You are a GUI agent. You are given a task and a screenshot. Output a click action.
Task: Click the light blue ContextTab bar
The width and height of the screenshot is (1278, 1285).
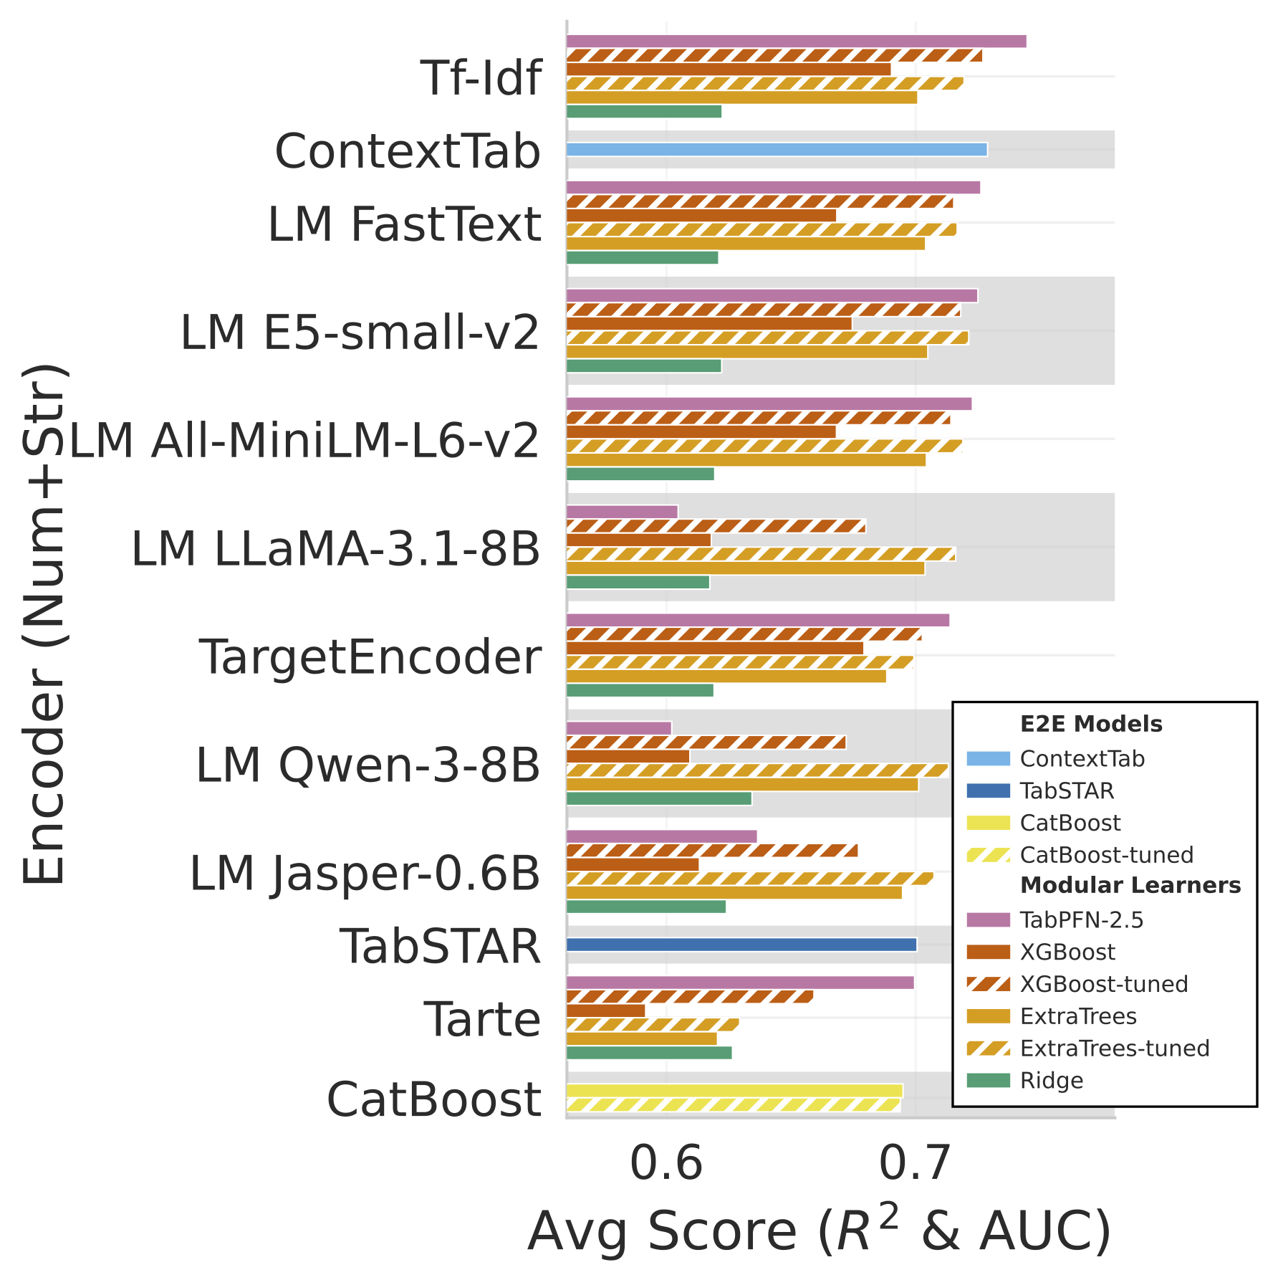[777, 149]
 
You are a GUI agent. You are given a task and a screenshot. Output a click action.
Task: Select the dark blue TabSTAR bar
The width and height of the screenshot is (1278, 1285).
[741, 945]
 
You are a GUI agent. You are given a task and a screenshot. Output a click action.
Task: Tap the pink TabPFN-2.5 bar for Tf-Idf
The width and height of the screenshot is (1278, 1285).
[796, 41]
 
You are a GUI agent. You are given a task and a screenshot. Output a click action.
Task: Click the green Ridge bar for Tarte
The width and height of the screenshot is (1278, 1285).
[649, 1052]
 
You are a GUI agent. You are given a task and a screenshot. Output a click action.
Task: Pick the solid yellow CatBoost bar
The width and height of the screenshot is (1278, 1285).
[734, 1091]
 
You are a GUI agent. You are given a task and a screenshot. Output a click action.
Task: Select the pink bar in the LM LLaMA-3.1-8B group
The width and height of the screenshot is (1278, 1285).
[622, 512]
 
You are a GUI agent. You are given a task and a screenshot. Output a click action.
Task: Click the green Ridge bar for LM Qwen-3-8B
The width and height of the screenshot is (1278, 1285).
[659, 798]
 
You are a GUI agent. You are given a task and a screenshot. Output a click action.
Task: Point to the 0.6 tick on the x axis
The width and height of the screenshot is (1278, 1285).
[666, 1164]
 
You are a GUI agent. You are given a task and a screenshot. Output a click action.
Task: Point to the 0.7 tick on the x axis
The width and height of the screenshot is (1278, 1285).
[915, 1164]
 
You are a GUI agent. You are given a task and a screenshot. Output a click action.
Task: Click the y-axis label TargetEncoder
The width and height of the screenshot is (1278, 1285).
[370, 656]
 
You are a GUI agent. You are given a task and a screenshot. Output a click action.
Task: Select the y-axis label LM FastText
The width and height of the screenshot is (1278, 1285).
[404, 224]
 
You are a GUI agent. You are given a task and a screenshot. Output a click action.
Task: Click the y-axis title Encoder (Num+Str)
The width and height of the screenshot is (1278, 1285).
[44, 624]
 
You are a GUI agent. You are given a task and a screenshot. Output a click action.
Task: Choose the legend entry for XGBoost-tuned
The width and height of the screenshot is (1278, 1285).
[1103, 984]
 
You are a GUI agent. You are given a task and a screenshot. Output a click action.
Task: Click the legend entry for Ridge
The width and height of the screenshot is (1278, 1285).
[1051, 1080]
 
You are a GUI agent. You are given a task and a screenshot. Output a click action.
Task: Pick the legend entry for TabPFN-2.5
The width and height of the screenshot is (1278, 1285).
[1081, 919]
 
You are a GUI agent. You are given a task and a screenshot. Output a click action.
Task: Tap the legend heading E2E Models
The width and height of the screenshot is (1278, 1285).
[1090, 724]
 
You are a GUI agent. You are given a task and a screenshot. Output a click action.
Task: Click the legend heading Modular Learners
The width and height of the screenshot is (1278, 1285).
[1130, 885]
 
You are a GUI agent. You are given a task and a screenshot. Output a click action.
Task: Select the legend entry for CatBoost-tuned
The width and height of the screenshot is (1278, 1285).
[1106, 855]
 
